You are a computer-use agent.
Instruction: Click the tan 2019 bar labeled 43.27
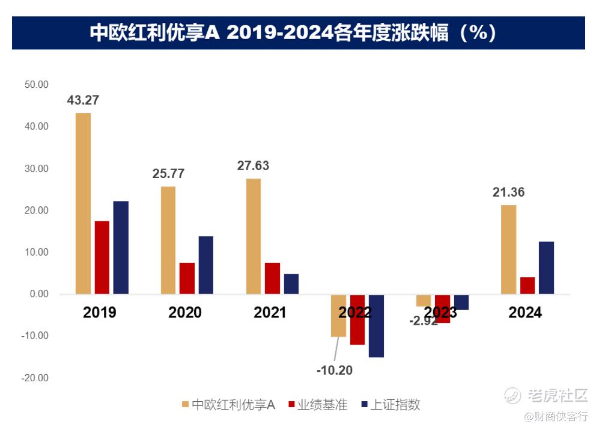(83, 203)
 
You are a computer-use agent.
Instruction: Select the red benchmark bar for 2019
(102, 257)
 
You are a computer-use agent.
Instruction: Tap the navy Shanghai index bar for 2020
(206, 265)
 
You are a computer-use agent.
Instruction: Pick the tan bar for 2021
(254, 236)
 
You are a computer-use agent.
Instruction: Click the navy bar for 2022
(377, 326)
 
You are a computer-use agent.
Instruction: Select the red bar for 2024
(528, 286)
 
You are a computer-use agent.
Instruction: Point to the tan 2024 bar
(509, 250)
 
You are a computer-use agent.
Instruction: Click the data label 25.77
(169, 174)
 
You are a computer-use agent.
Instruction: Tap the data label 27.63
(253, 165)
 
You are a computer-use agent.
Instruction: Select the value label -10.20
(335, 370)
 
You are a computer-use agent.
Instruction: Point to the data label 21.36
(509, 192)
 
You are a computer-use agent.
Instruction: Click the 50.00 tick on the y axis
(36, 85)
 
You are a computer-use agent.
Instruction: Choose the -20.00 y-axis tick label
(35, 378)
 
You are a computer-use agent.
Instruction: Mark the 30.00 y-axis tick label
(36, 169)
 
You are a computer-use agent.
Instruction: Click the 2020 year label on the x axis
(185, 313)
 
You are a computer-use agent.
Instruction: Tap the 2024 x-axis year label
(525, 313)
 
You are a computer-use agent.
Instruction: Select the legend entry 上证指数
(395, 405)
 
